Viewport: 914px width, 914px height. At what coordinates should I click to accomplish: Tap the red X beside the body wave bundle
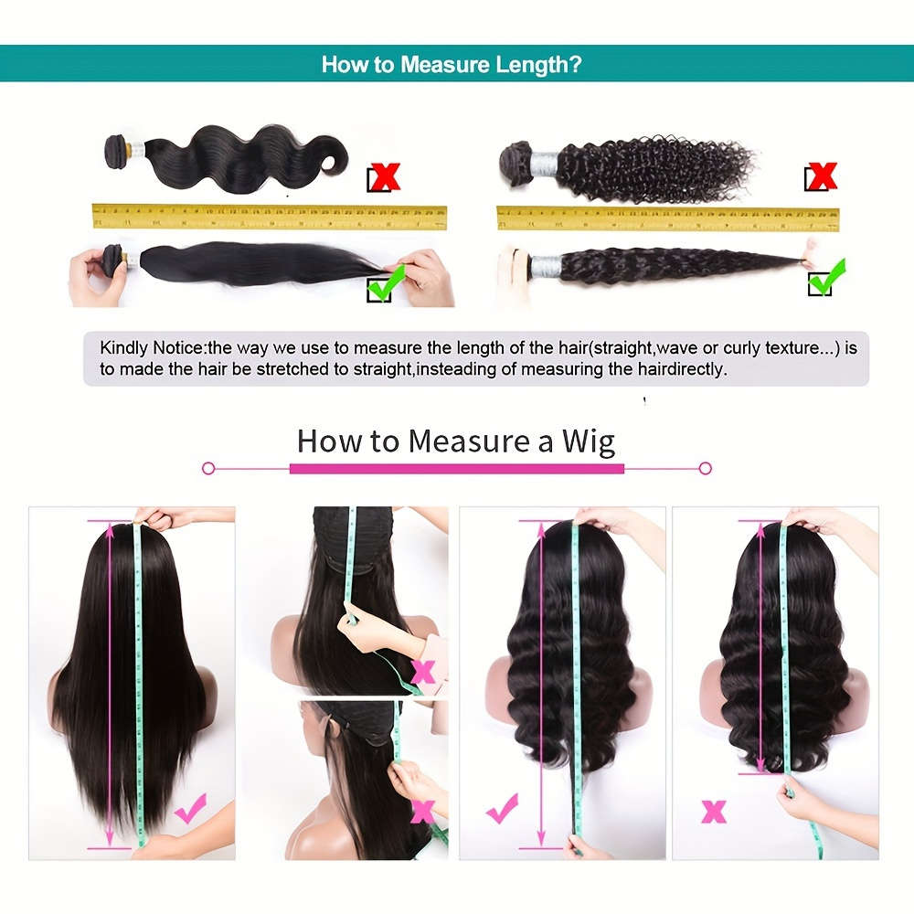click(x=383, y=177)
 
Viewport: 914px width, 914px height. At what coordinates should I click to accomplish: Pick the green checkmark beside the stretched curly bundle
click(x=825, y=278)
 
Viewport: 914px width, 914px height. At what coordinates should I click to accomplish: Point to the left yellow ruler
click(x=270, y=217)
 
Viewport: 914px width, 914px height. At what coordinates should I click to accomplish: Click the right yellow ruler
click(x=667, y=218)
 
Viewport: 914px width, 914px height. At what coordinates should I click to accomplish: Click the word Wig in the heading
click(x=588, y=441)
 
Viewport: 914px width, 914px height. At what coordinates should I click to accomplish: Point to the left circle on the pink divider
click(x=208, y=468)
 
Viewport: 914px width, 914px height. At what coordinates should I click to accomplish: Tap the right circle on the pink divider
click(x=705, y=468)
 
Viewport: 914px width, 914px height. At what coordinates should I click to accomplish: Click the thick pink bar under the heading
click(x=457, y=468)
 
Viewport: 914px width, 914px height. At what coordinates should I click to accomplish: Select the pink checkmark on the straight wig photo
click(x=190, y=809)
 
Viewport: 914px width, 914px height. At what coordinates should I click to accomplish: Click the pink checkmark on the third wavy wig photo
click(x=502, y=808)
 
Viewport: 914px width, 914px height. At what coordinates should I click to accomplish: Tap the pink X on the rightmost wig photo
click(x=713, y=811)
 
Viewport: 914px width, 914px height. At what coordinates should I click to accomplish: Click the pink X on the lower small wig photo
click(x=422, y=810)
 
